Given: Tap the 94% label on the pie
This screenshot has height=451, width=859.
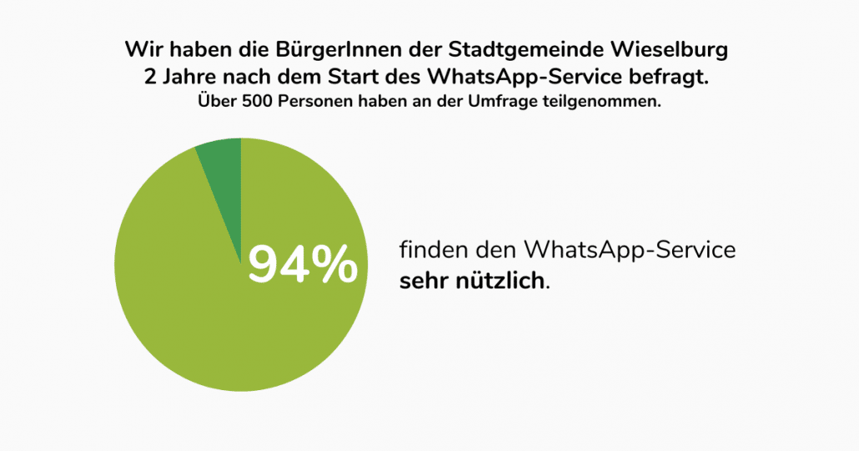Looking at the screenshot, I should pos(303,264).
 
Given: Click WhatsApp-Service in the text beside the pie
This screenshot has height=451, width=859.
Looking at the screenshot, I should pos(630,249).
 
